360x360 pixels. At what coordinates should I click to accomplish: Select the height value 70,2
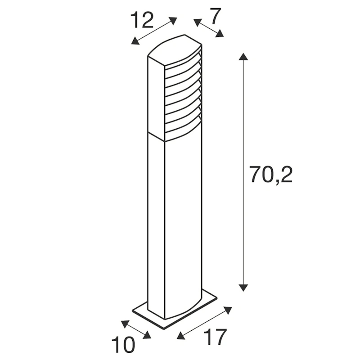point(271,175)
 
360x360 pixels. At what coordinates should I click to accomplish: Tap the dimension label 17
point(214,337)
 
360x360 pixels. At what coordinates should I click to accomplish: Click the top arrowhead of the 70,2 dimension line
point(243,56)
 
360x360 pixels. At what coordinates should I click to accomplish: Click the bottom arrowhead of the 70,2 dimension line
point(243,287)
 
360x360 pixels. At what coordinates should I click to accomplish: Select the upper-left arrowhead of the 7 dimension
point(196,21)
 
